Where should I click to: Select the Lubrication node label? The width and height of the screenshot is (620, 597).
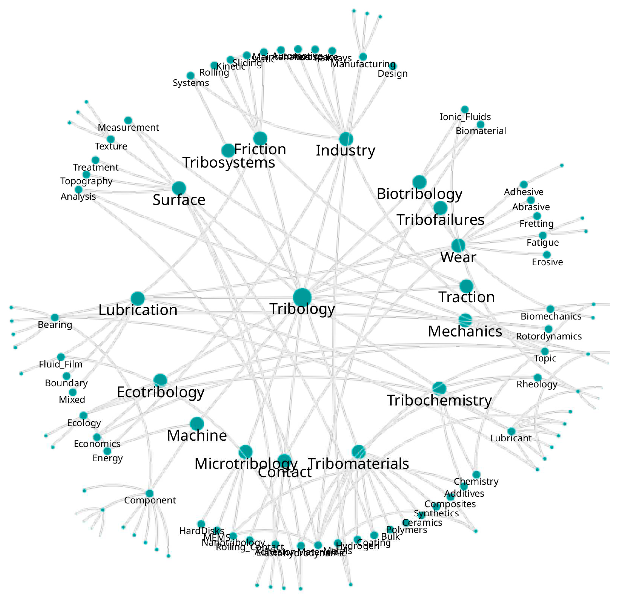tap(138, 310)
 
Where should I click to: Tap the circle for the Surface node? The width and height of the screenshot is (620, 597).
tap(179, 188)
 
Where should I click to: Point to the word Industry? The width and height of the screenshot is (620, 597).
tap(345, 150)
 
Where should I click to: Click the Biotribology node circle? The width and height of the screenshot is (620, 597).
tap(419, 182)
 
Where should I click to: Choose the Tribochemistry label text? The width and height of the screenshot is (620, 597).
tap(439, 400)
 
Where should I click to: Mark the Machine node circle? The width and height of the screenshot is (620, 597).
tap(197, 424)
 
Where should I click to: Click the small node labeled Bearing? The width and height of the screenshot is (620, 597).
tap(55, 317)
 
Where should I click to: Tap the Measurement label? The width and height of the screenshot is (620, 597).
tap(128, 127)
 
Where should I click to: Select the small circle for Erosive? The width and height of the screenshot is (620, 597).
tap(547, 255)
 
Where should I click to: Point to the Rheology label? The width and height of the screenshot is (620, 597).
tap(537, 384)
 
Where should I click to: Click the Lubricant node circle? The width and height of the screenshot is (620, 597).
tap(511, 431)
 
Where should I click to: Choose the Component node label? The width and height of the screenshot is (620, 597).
tap(150, 500)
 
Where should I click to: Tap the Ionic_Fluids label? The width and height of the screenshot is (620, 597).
tap(465, 117)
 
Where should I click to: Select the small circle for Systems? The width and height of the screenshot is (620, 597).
tap(190, 76)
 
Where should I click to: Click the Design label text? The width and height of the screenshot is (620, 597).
tap(392, 74)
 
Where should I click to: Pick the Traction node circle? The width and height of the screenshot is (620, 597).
tap(466, 286)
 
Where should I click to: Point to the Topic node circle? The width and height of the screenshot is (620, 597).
tap(545, 351)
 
